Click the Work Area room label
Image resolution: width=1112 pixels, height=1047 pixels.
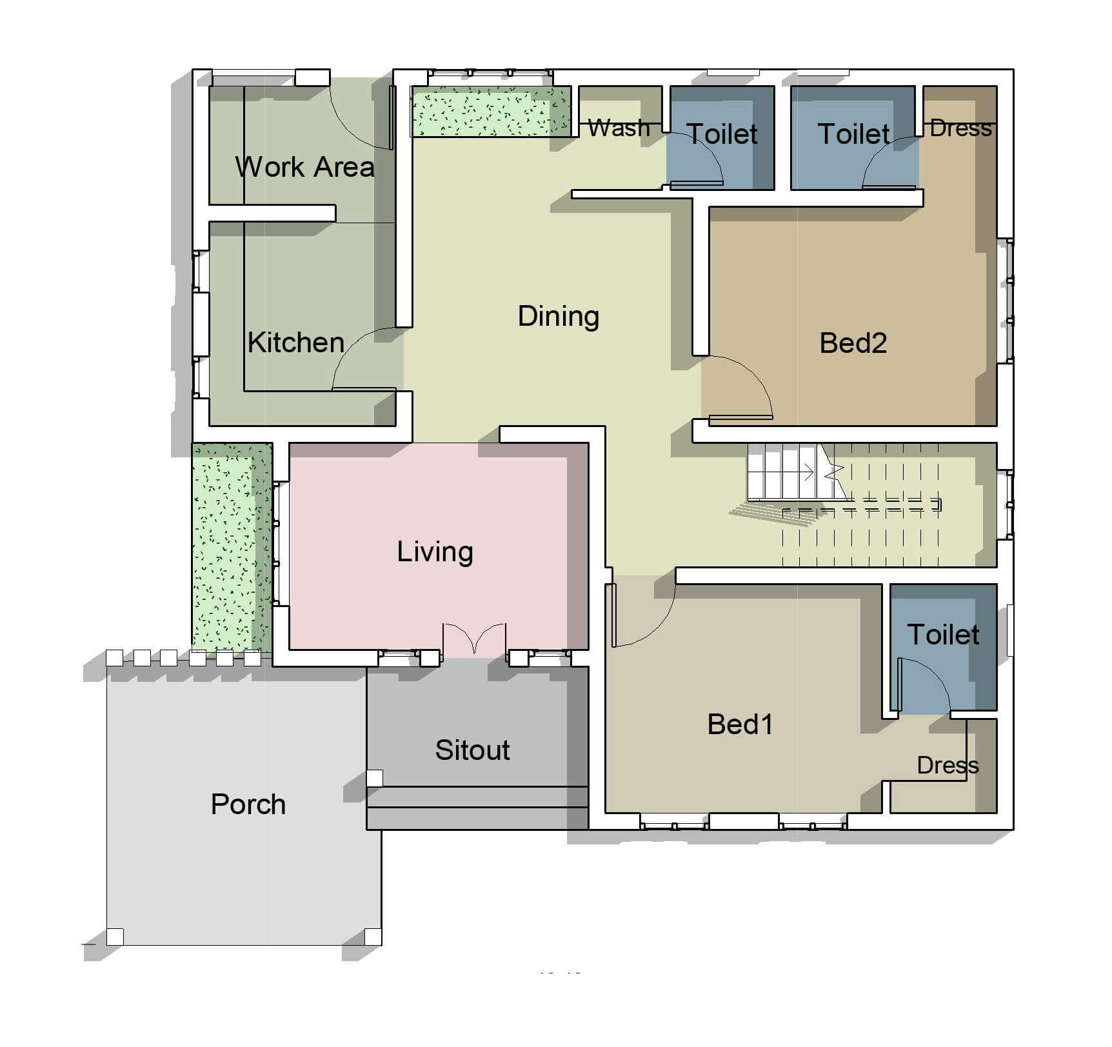point(304,167)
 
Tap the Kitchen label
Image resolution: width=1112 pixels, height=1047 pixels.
point(296,343)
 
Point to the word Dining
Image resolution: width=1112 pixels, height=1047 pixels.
point(559,317)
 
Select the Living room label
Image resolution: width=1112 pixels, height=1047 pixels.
point(435,552)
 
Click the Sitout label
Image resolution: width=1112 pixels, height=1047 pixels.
point(472,750)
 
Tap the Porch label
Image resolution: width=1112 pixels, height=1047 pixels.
point(248,804)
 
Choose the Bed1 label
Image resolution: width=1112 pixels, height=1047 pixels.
point(740,724)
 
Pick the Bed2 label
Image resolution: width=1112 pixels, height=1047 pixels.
point(853,343)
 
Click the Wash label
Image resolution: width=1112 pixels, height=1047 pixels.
point(619,128)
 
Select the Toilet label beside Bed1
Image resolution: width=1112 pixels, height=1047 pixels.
point(943,635)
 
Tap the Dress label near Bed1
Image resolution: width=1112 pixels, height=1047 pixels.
point(948,766)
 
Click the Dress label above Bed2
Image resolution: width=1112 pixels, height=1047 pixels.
point(960,128)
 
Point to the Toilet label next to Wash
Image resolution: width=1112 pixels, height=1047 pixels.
point(722,134)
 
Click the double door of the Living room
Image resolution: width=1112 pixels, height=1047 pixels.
point(474,639)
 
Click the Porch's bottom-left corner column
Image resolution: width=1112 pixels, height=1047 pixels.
point(115,936)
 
